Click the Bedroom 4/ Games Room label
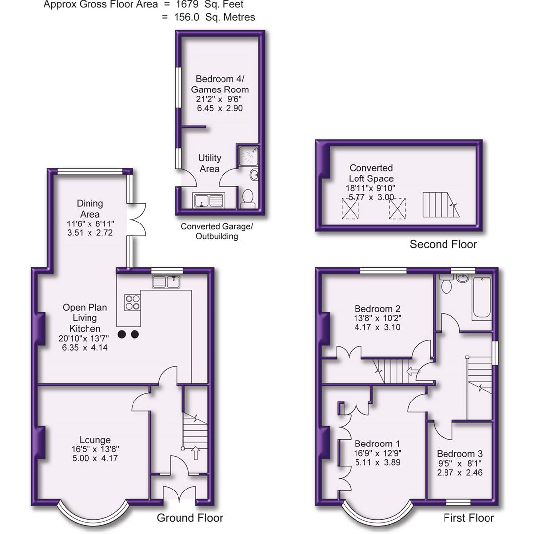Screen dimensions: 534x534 pyautogui.click(x=222, y=84)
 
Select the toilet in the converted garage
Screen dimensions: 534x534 pyautogui.click(x=247, y=199)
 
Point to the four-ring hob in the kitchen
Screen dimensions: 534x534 pyautogui.click(x=133, y=302)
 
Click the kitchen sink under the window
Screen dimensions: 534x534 pyautogui.click(x=167, y=282)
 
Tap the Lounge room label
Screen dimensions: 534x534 pyautogui.click(x=95, y=440)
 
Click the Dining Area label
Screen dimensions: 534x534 pyautogui.click(x=90, y=209)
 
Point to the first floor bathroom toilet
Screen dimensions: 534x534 pyautogui.click(x=446, y=285)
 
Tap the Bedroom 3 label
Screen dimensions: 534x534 pyautogui.click(x=459, y=454)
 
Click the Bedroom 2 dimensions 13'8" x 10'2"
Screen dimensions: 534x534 pyautogui.click(x=377, y=318)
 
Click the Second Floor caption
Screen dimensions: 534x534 pyautogui.click(x=443, y=244)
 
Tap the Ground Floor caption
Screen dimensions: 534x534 pyautogui.click(x=190, y=518)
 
